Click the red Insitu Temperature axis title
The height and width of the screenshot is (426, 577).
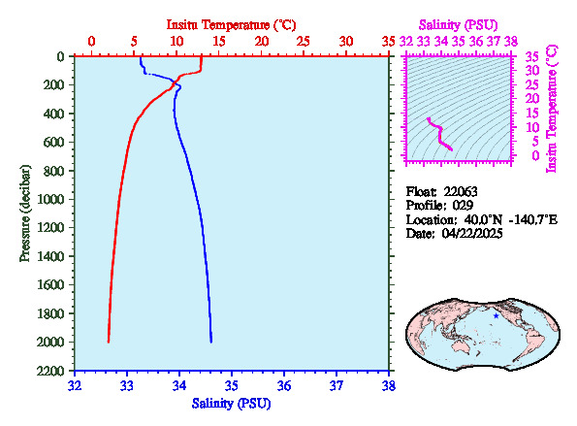(x=231, y=25)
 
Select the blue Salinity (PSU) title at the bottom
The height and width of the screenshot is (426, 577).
(x=231, y=403)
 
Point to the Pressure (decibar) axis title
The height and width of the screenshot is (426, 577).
(x=25, y=213)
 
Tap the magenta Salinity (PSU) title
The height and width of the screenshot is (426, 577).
(x=458, y=25)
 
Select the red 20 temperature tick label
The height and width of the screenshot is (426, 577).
(x=261, y=41)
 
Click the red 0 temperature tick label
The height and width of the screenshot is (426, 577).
(x=91, y=41)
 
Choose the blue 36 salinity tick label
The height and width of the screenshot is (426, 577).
(x=284, y=386)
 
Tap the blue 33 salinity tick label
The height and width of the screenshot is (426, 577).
(x=127, y=386)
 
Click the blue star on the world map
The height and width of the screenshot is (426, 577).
(x=497, y=316)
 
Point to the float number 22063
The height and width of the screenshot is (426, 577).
(x=461, y=192)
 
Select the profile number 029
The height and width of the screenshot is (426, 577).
(x=463, y=206)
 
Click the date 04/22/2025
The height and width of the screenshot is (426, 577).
(x=472, y=234)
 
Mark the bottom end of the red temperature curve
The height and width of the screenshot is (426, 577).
(x=109, y=342)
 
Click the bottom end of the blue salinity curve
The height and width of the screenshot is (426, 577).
(x=211, y=342)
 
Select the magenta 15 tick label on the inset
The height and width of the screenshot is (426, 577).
(x=532, y=113)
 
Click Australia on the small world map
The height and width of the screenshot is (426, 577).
(x=463, y=345)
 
